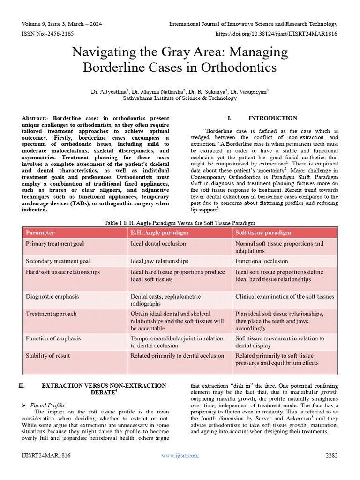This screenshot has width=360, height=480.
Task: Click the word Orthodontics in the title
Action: pos(239,67)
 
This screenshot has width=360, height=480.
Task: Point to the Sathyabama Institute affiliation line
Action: pos(180,98)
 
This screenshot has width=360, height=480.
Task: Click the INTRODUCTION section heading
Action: pos(272,118)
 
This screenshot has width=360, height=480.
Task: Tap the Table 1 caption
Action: pos(180,223)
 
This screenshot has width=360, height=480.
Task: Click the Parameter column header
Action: pos(40,232)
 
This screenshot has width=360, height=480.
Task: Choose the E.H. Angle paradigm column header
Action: pos(159,232)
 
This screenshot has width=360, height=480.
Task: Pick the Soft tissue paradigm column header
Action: pos(263,232)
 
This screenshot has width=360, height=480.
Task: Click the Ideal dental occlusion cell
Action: pos(158,244)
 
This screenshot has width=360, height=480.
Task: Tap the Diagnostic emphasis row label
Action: pos(52,297)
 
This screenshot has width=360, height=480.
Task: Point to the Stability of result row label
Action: pos(51,356)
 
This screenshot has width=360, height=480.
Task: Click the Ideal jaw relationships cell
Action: pos(159,261)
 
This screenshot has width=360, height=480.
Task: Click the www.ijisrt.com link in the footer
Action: pos(180,455)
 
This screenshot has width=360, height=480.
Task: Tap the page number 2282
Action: pos(331,455)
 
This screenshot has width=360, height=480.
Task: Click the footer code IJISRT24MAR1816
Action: pos(46,455)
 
